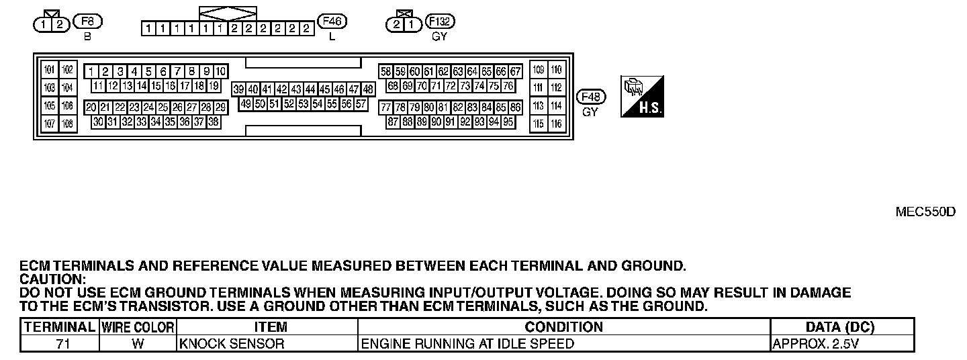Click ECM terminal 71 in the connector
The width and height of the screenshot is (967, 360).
click(x=436, y=86)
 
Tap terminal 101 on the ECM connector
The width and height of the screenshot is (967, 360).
click(x=49, y=70)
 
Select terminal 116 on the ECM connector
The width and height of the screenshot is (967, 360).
click(x=557, y=124)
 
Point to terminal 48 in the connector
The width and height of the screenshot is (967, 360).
click(x=368, y=89)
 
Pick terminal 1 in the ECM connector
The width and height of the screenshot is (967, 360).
click(x=91, y=71)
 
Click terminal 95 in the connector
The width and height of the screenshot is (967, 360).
click(x=508, y=122)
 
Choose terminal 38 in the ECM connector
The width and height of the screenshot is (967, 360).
click(x=214, y=122)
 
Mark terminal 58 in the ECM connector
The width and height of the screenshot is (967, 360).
click(x=386, y=71)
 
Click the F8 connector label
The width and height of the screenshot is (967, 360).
click(x=87, y=21)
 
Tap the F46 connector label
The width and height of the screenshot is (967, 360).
click(x=332, y=21)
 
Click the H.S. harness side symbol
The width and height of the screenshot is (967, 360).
click(x=643, y=95)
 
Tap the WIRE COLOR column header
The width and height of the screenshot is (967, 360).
click(x=138, y=327)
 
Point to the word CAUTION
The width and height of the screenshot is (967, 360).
click(x=53, y=279)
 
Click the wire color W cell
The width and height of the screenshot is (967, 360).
click(x=138, y=344)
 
